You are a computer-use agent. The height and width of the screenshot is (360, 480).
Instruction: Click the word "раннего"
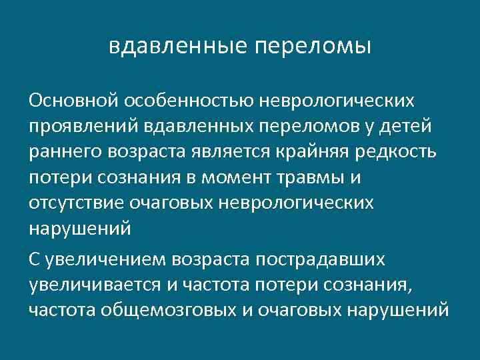click(61, 152)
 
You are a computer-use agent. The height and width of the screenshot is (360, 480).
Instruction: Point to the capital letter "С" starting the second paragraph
click(35, 259)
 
